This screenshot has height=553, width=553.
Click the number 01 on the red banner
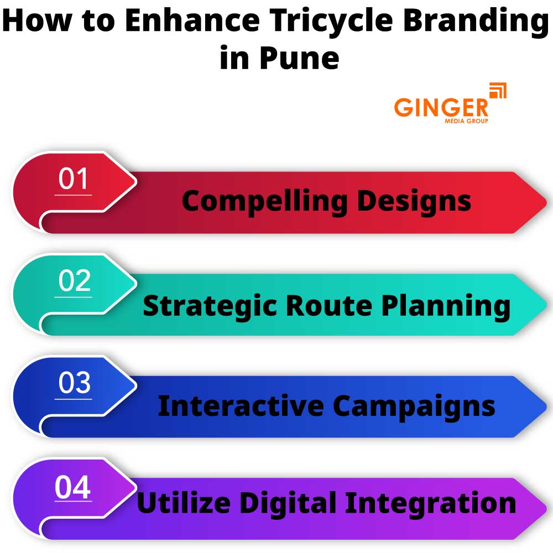pyautogui.click(x=74, y=180)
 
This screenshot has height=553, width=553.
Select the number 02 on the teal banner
pyautogui.click(x=74, y=281)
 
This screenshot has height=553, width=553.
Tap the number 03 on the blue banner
pyautogui.click(x=74, y=384)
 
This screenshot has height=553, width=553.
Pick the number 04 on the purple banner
pyautogui.click(x=72, y=488)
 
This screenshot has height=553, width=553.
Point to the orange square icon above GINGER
pyautogui.click(x=498, y=90)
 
